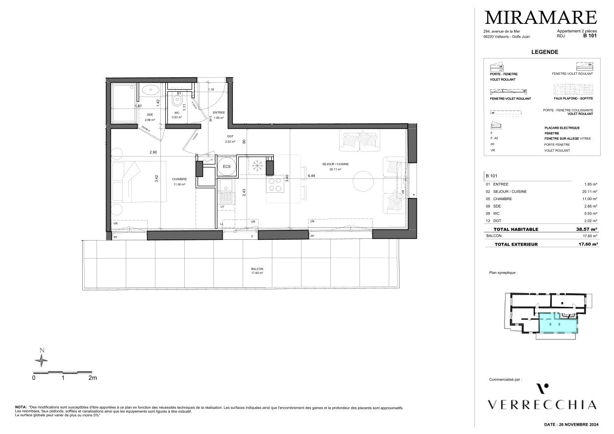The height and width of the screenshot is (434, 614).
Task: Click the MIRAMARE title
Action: [x=540, y=17]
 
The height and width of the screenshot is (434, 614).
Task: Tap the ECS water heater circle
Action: [x=226, y=166]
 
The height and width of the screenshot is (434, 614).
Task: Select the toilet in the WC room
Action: [x=176, y=101]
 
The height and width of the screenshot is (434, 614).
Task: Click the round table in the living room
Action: [x=363, y=182]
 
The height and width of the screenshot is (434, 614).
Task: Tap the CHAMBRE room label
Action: [x=179, y=179]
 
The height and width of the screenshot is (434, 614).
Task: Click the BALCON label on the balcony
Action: [x=256, y=269]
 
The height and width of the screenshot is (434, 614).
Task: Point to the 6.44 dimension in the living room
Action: [x=311, y=175]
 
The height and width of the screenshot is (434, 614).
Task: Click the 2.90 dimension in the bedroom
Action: [x=153, y=152]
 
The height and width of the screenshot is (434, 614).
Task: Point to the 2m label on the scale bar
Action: [x=92, y=378]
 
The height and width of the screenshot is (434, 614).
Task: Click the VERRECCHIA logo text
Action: [x=542, y=405]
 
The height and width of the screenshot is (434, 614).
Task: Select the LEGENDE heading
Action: [x=545, y=52]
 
